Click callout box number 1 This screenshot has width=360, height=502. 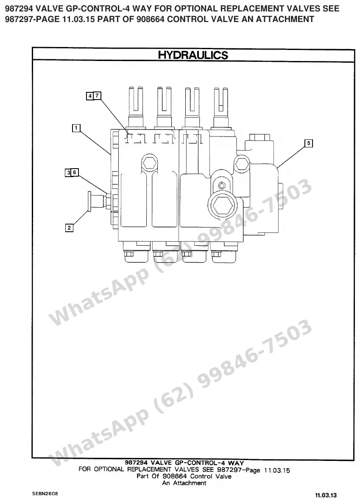point(76,128)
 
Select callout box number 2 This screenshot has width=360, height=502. point(69,228)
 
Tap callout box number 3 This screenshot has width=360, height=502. point(68,173)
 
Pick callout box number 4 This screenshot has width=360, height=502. point(90,96)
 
